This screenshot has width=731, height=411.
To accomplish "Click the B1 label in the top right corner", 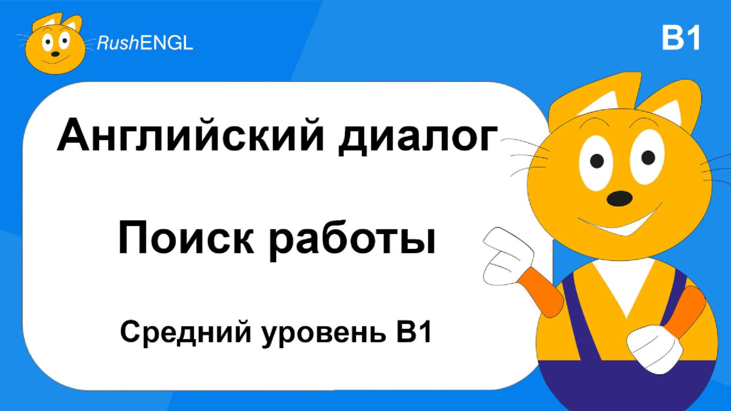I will pyautogui.click(x=681, y=38).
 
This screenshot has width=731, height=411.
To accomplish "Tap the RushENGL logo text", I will pyautogui.click(x=145, y=43).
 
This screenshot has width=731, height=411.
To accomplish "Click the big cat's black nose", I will pyautogui.click(x=619, y=198).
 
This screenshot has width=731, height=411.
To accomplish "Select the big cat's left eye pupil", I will pyautogui.click(x=597, y=161).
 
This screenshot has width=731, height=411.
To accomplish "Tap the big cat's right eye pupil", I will pyautogui.click(x=648, y=158).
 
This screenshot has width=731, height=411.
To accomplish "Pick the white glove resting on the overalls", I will pyautogui.click(x=655, y=349).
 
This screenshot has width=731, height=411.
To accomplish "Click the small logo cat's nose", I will pyautogui.click(x=55, y=54).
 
